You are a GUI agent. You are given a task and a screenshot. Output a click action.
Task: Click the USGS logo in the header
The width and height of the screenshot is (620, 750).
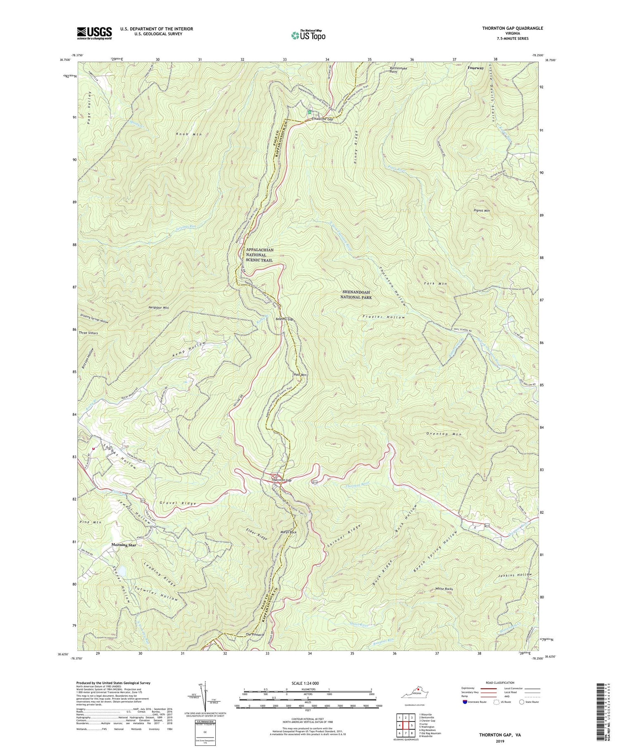[x=94, y=33]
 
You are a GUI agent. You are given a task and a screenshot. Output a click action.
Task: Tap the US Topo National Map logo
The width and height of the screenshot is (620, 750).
[x=308, y=36]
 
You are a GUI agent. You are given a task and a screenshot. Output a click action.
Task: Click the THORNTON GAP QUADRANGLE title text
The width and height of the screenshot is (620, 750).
[x=508, y=28]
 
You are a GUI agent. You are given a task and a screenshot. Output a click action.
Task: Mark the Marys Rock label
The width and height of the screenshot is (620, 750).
[x=289, y=532]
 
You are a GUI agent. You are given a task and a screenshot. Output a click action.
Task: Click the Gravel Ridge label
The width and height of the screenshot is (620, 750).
[x=176, y=503]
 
